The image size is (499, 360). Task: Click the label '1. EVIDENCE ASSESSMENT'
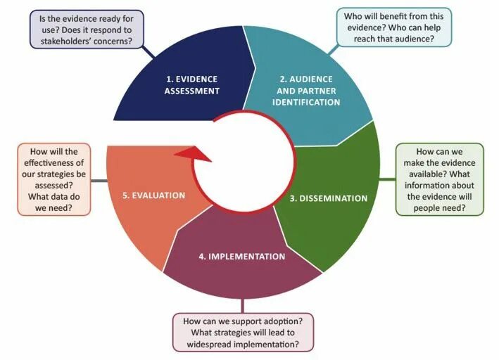(191, 84)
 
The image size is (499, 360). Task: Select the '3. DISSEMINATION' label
(329, 198)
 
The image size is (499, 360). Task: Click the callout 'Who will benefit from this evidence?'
(393, 26)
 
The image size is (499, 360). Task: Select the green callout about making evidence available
(440, 180)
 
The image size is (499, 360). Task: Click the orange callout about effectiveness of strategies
(54, 180)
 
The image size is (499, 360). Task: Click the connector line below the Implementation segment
(242, 304)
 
